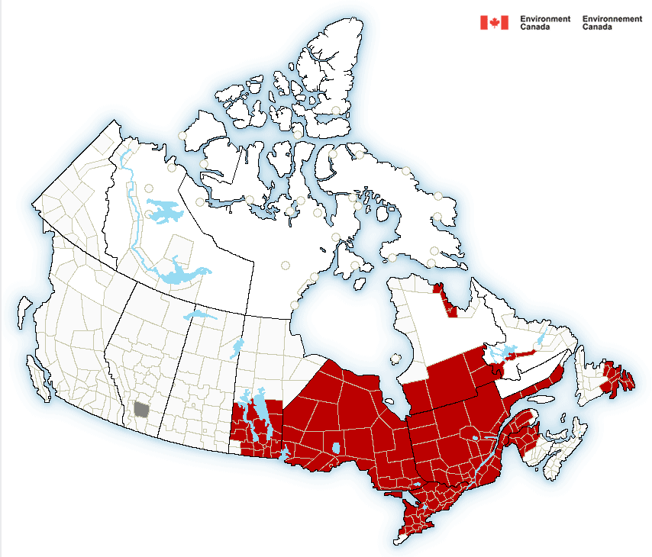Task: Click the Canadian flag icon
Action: [494, 23]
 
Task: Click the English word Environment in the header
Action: [545, 19]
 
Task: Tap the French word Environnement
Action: [612, 19]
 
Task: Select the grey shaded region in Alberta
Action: [141, 409]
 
